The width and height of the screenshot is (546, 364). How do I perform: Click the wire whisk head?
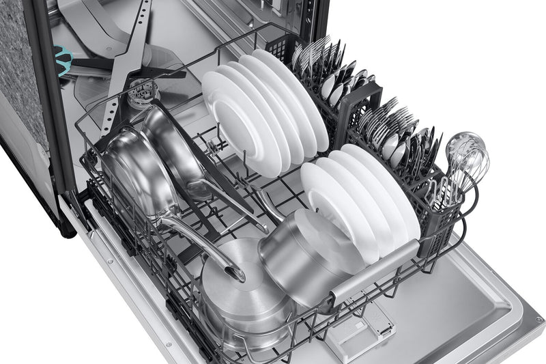(x=467, y=152)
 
